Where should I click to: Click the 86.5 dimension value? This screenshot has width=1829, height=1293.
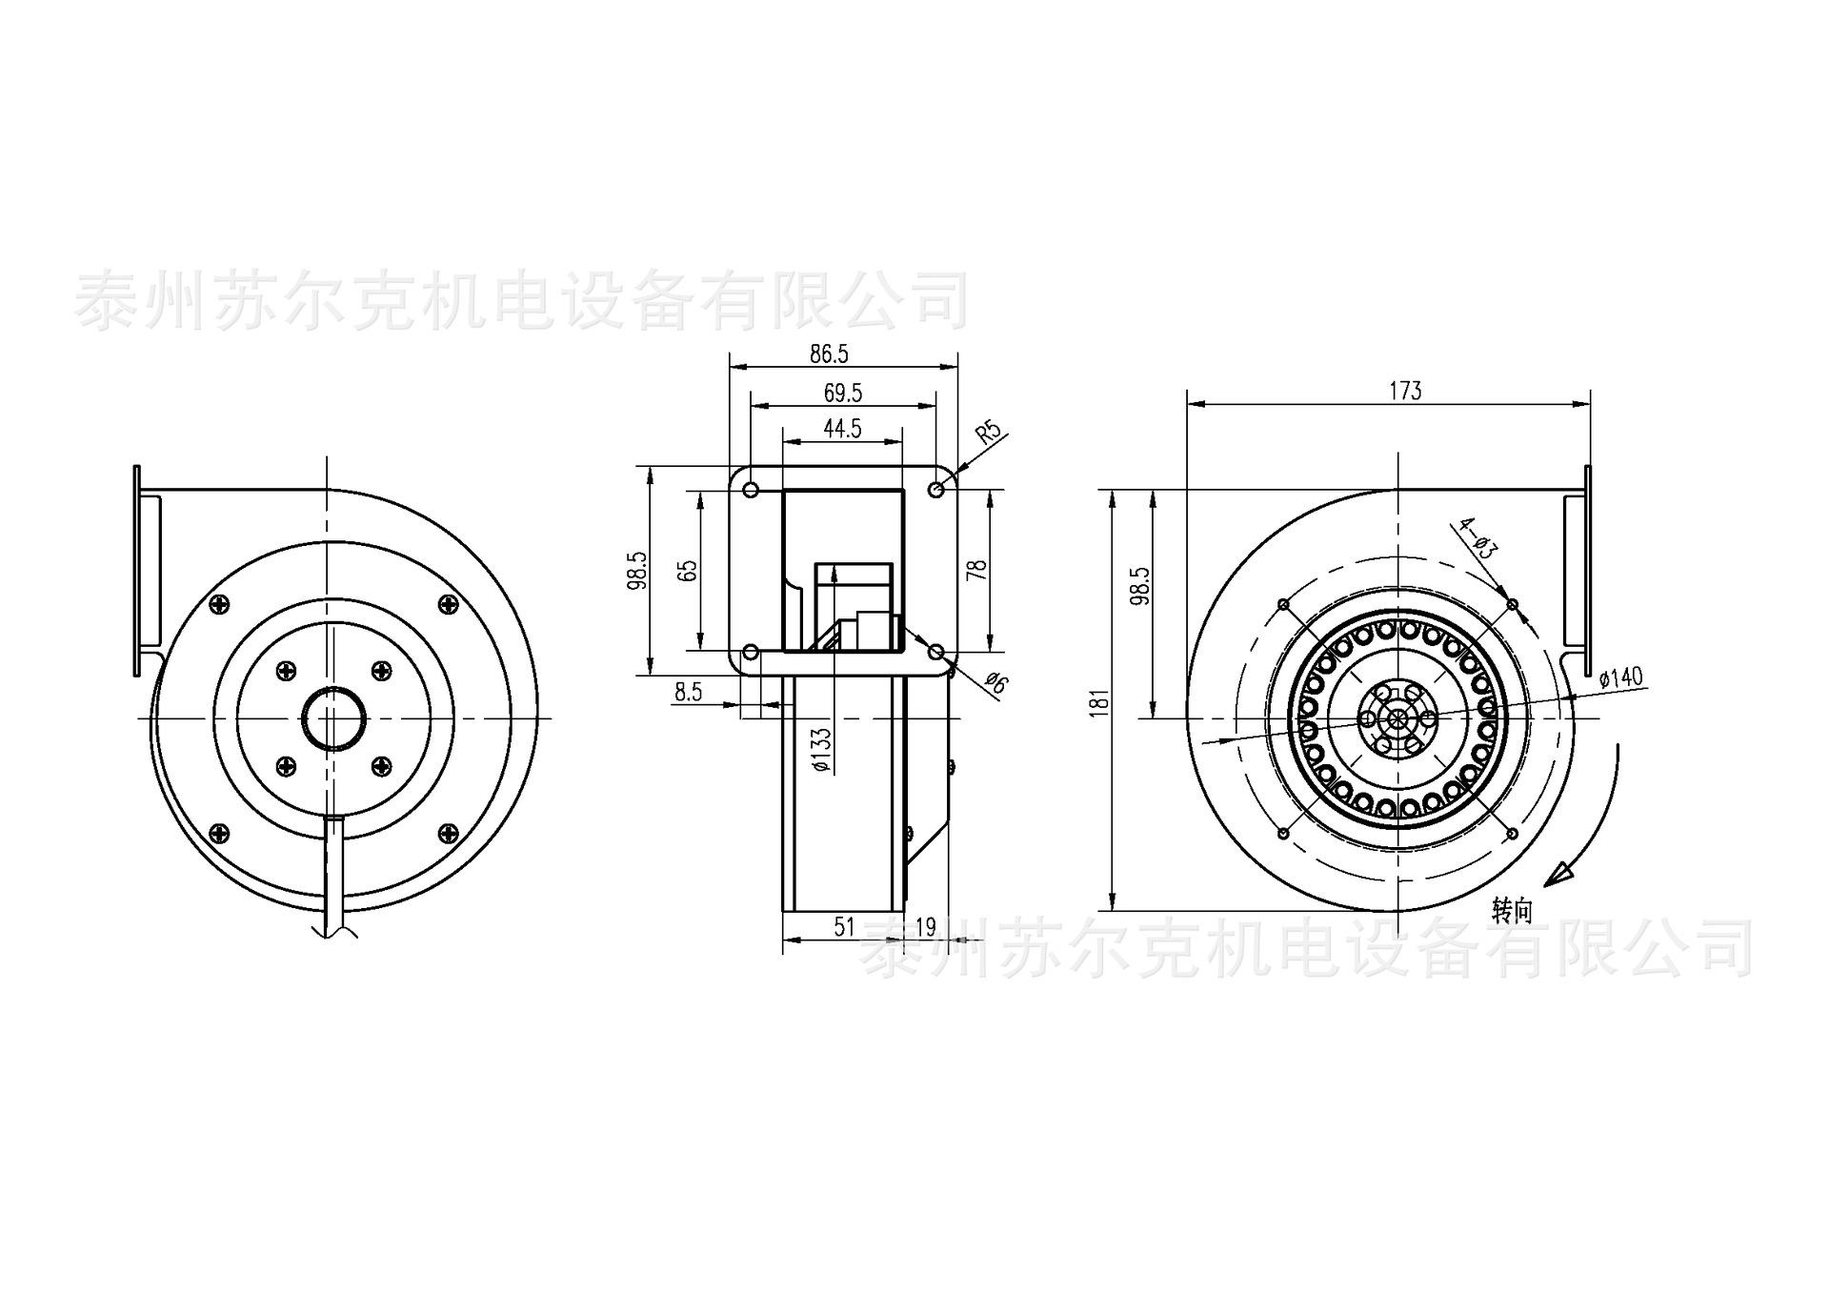click(x=829, y=354)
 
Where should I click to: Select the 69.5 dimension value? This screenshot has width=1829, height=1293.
click(x=843, y=393)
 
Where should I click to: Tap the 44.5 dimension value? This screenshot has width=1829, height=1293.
click(x=842, y=429)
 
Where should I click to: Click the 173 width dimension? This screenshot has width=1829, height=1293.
click(x=1405, y=391)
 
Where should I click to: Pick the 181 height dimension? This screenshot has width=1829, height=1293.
click(x=1100, y=702)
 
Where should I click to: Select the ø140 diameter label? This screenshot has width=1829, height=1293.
click(x=1621, y=677)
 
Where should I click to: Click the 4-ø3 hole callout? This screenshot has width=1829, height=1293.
click(x=1479, y=538)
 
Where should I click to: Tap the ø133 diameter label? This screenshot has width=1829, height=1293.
click(x=822, y=750)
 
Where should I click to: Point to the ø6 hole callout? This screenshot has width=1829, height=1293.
click(x=995, y=682)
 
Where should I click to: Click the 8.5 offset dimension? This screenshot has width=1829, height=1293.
click(x=688, y=692)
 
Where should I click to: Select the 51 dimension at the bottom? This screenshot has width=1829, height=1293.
click(x=844, y=926)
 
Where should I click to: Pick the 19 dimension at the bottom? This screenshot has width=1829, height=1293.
click(x=925, y=926)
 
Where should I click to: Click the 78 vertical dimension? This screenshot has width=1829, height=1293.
click(x=976, y=570)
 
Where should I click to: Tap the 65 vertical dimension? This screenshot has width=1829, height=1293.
click(x=687, y=570)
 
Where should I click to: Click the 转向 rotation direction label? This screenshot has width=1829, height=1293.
click(x=1512, y=911)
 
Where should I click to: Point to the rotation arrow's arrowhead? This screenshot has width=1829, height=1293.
click(x=1558, y=875)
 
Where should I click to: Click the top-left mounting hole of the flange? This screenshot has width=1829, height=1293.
click(x=751, y=490)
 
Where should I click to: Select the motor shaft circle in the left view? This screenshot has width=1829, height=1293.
click(x=332, y=717)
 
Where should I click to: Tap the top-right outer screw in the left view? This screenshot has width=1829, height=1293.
click(x=448, y=603)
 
